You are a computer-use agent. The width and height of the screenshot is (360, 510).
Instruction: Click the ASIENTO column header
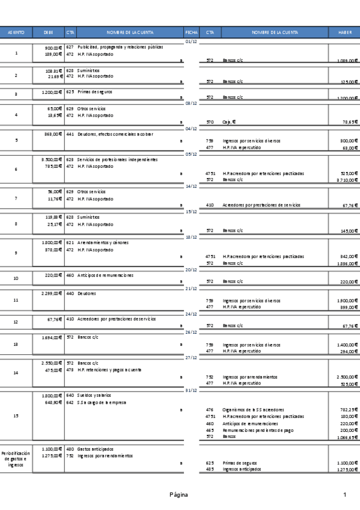[x=16, y=32]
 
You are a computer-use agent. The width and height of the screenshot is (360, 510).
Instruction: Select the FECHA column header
[x=191, y=32]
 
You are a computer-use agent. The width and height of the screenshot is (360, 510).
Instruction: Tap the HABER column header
[x=345, y=32]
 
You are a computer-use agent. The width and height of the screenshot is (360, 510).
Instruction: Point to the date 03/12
[x=191, y=103]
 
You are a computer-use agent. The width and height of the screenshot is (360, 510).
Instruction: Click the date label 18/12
[x=191, y=237]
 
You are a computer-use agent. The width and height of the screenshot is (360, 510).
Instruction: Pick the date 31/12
[x=191, y=390]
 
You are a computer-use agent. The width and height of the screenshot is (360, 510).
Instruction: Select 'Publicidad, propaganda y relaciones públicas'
[x=120, y=47]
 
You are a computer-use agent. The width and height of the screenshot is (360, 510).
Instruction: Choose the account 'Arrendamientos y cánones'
[x=103, y=243]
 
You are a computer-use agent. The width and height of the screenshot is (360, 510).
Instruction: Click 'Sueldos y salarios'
[x=95, y=396]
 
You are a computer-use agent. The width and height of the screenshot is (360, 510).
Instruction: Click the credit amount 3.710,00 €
[x=346, y=180]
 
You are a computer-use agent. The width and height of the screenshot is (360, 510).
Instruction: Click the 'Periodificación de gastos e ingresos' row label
[x=16, y=456]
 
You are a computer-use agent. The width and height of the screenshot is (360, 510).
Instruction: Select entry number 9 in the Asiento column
[x=16, y=253]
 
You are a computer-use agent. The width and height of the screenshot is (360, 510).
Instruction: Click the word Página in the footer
[x=178, y=494]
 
